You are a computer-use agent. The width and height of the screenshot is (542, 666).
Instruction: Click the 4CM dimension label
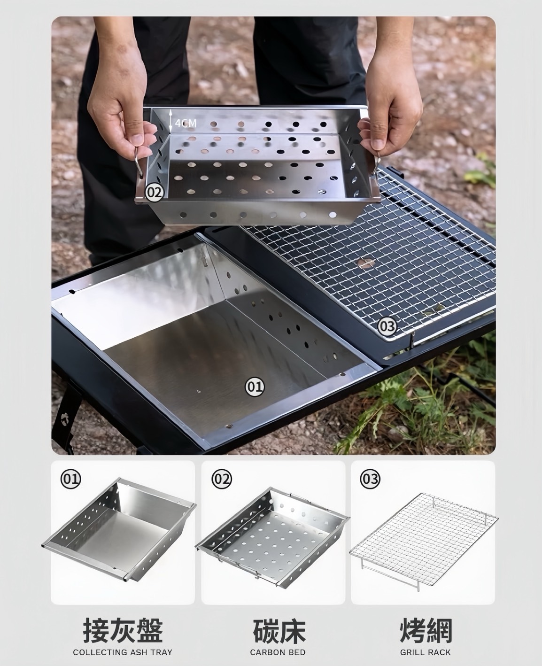pyautogui.click(x=186, y=124)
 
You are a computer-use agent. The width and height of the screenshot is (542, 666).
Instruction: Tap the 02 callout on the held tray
pyautogui.click(x=155, y=193)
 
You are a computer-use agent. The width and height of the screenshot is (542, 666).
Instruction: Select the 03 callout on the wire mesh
pyautogui.click(x=387, y=326)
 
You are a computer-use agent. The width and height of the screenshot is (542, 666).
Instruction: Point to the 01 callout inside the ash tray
pyautogui.click(x=255, y=387)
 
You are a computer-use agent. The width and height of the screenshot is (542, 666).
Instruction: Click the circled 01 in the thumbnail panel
pyautogui.click(x=70, y=479)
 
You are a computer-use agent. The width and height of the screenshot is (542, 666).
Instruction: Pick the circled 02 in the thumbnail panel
pyautogui.click(x=222, y=479)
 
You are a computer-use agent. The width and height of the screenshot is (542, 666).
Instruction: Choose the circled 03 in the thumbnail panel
pyautogui.click(x=371, y=479)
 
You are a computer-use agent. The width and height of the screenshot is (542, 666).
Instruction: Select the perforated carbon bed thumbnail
pyautogui.click(x=272, y=538)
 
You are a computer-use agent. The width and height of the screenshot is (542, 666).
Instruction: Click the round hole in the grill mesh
pyautogui.click(x=366, y=263)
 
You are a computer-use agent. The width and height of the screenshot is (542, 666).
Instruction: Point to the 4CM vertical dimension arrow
pyautogui.click(x=170, y=121)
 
